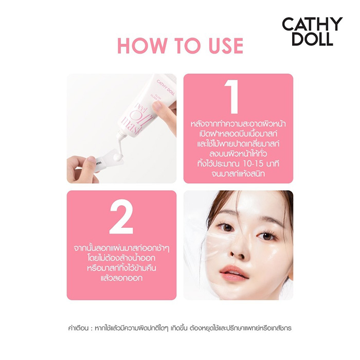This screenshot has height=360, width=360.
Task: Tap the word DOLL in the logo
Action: click(x=312, y=39)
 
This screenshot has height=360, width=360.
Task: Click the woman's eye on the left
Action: click(x=222, y=226)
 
